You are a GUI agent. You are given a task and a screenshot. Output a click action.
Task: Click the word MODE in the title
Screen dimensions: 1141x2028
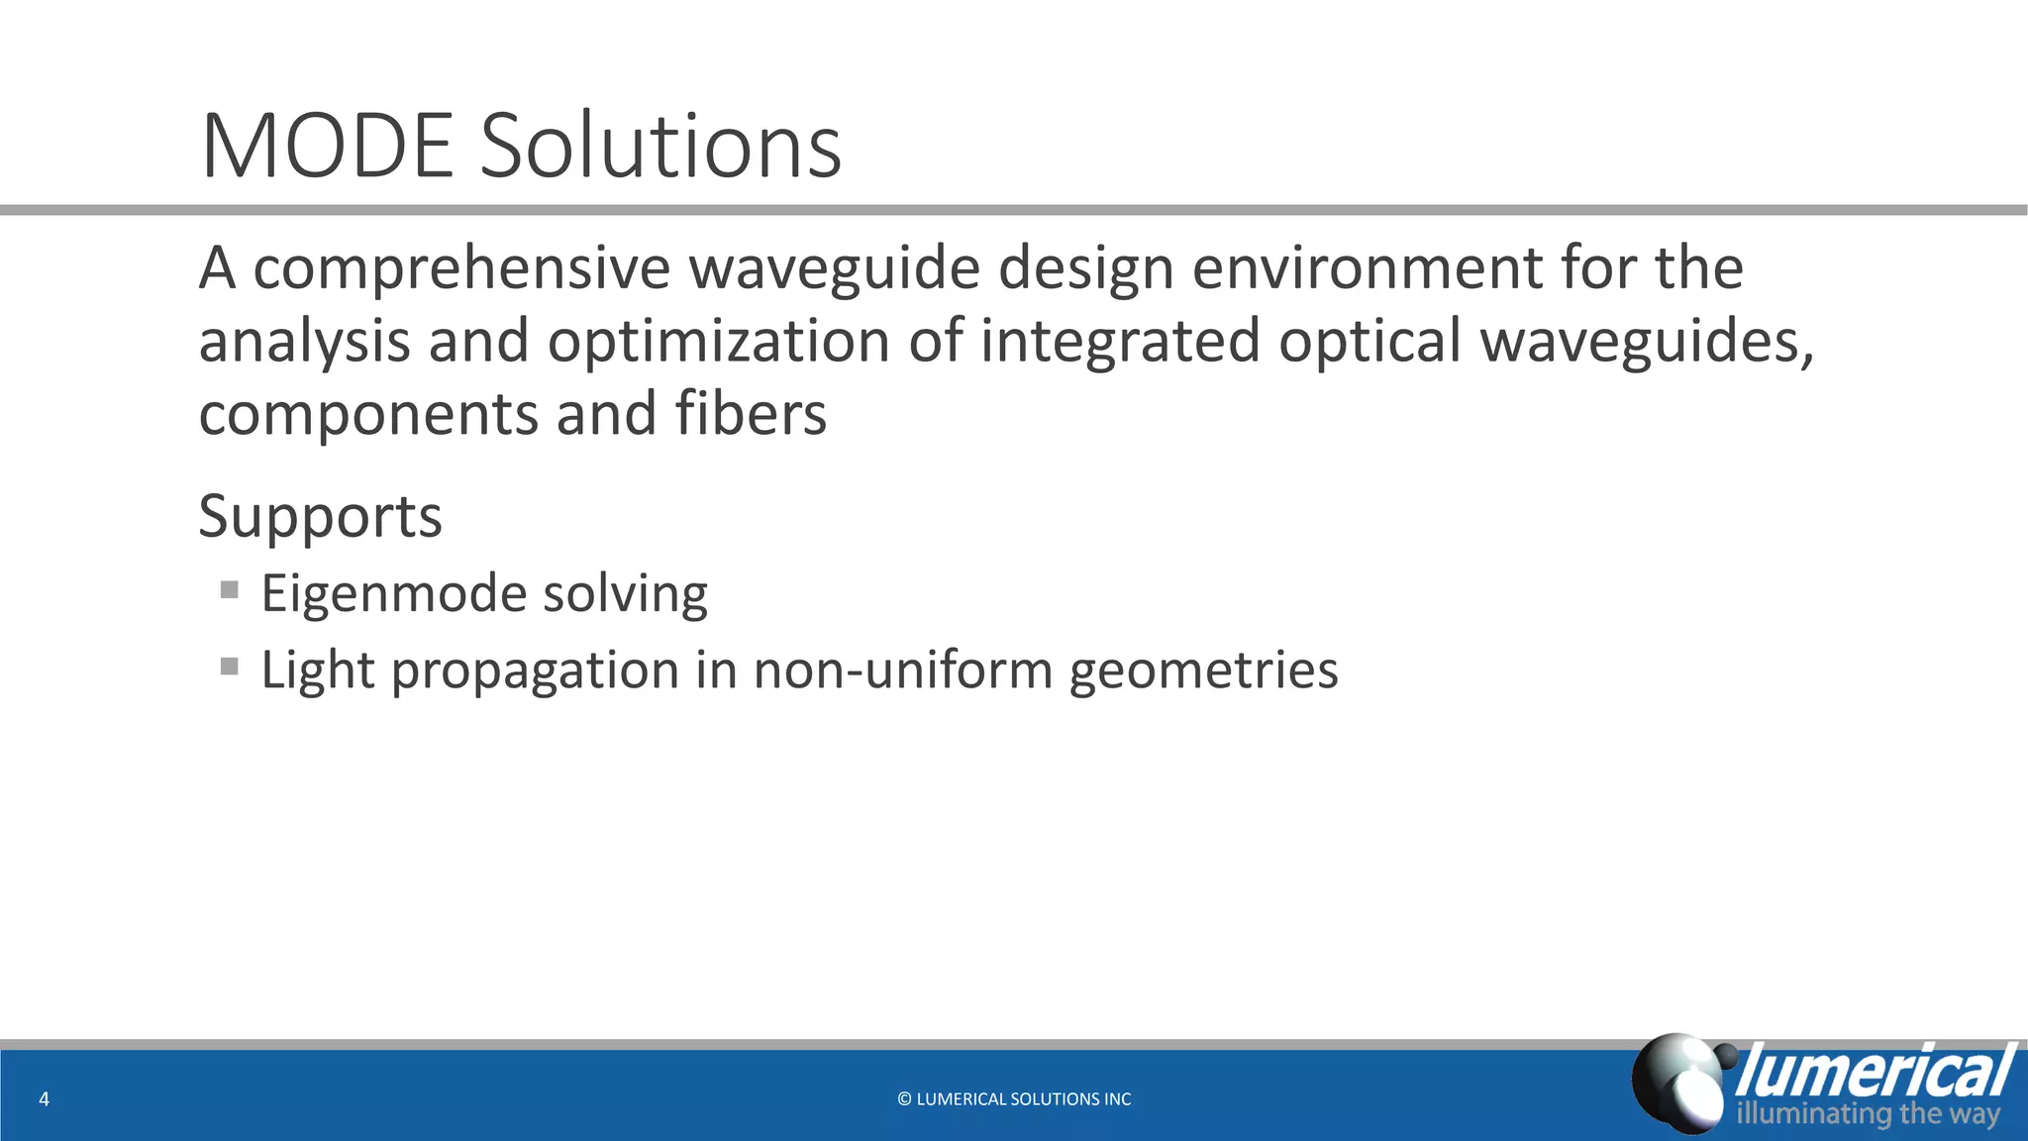click(x=327, y=147)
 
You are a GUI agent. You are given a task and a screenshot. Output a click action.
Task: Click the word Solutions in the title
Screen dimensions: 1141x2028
click(x=660, y=147)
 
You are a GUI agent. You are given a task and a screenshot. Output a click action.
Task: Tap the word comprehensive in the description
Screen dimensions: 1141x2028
click(x=461, y=269)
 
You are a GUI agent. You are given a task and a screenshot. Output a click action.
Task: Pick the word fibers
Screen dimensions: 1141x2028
click(x=751, y=414)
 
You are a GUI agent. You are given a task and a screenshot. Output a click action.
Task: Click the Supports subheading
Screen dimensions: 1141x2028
click(x=320, y=517)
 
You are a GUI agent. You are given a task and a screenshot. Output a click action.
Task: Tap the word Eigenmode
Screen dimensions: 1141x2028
click(x=393, y=595)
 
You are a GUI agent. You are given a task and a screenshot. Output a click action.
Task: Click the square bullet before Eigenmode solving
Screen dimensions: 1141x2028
click(x=230, y=590)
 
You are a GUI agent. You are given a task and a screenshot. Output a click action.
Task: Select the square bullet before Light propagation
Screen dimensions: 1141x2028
click(x=230, y=667)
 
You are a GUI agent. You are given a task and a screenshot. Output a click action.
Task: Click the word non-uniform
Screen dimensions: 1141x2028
click(x=902, y=671)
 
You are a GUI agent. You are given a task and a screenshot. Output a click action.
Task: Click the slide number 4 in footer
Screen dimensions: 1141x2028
click(x=44, y=1098)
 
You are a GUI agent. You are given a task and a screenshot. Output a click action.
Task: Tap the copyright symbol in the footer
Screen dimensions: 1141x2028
click(x=904, y=1098)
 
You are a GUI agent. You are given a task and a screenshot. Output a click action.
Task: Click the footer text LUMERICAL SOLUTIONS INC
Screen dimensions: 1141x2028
click(x=1024, y=1098)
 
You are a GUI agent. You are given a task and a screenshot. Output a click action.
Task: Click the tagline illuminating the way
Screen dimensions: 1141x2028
click(x=1868, y=1114)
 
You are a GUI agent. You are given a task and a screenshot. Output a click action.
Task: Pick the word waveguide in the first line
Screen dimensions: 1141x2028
click(x=835, y=269)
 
